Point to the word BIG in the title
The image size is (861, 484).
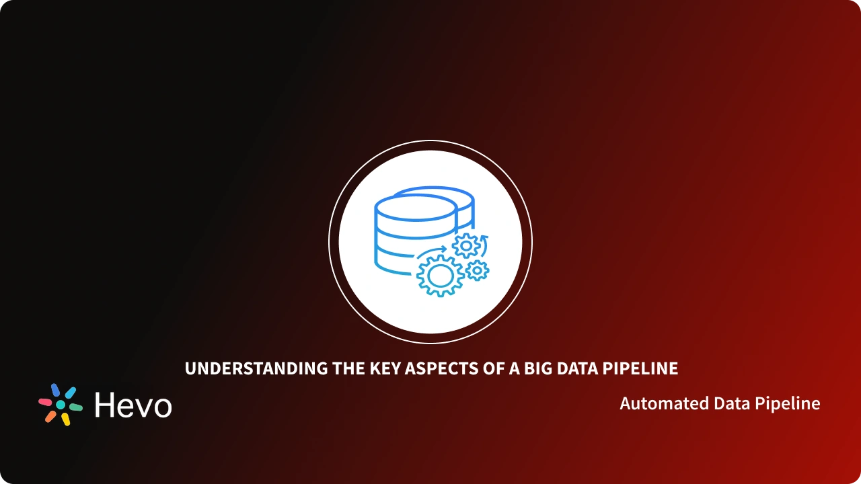point(532,368)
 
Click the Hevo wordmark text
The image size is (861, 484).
point(133,405)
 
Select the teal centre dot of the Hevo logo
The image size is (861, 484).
point(61,405)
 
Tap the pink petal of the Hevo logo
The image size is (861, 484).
point(45,402)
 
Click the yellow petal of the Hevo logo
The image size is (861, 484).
point(65,419)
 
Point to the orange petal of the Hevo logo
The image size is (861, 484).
point(50,416)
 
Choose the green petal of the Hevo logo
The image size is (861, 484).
point(75,407)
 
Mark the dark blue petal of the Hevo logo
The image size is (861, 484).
point(55,389)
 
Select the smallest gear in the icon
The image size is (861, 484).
point(477,270)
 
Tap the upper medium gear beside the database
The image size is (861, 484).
point(465,245)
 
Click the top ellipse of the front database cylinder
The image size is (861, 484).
point(416,204)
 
